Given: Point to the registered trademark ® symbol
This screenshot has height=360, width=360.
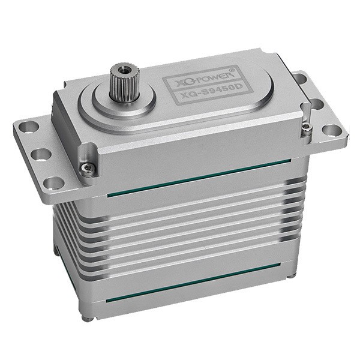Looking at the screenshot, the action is coord(232,70).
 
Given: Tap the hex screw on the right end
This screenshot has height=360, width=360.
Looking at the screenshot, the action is coord(307,127).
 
